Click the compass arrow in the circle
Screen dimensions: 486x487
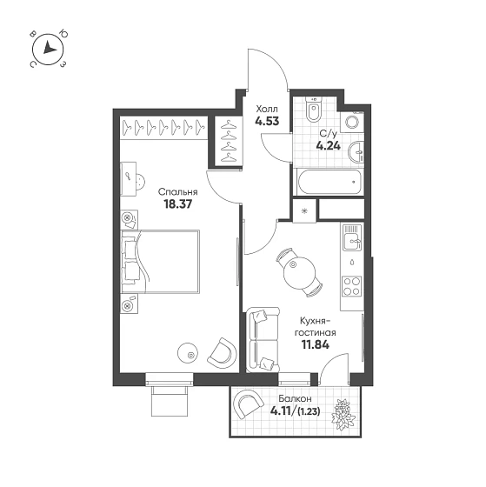pyautogui.click(x=49, y=48)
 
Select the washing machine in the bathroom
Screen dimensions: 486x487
pyautogui.click(x=352, y=122)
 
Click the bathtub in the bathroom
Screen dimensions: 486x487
pyautogui.click(x=330, y=182)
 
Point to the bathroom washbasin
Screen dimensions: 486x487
pyautogui.click(x=356, y=152)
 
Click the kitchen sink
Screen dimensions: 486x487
pyautogui.click(x=352, y=237)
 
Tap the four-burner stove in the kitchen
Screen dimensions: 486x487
pyautogui.click(x=352, y=286)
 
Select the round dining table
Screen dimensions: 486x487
pyautogui.click(x=299, y=273)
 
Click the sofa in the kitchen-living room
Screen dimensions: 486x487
pyautogui.click(x=263, y=340)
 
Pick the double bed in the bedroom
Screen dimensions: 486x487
pyautogui.click(x=160, y=262)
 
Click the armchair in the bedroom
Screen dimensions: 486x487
pyautogui.click(x=223, y=353)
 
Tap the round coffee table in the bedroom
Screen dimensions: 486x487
pyautogui.click(x=188, y=353)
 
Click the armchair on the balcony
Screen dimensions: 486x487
pyautogui.click(x=248, y=404)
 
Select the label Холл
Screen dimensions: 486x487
pyautogui.click(x=267, y=110)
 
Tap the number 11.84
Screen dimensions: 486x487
pyautogui.click(x=316, y=344)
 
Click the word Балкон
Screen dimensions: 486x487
pyautogui.click(x=295, y=398)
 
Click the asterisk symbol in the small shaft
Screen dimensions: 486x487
pyautogui.click(x=304, y=210)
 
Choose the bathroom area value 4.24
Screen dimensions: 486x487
pyautogui.click(x=329, y=145)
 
